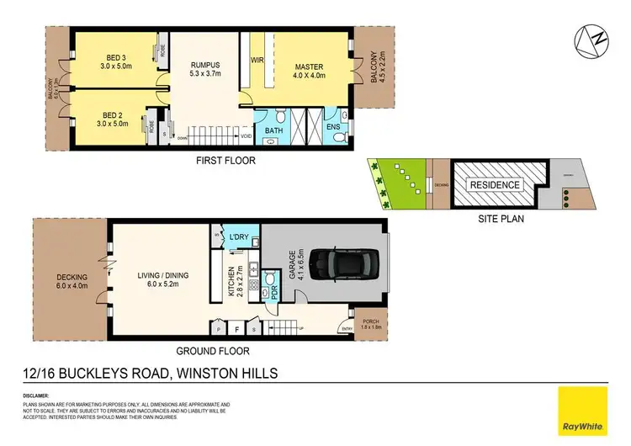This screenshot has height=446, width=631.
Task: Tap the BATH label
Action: (273, 131)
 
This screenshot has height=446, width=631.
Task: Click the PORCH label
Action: (370, 321)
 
